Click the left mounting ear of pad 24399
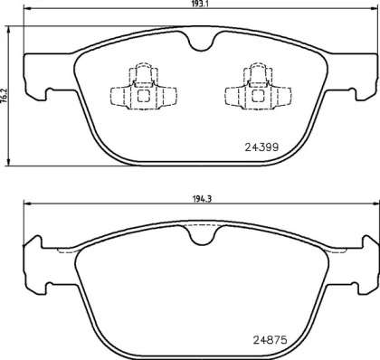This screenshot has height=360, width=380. tap(33, 76)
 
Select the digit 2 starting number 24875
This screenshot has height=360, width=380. tap(250, 340)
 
